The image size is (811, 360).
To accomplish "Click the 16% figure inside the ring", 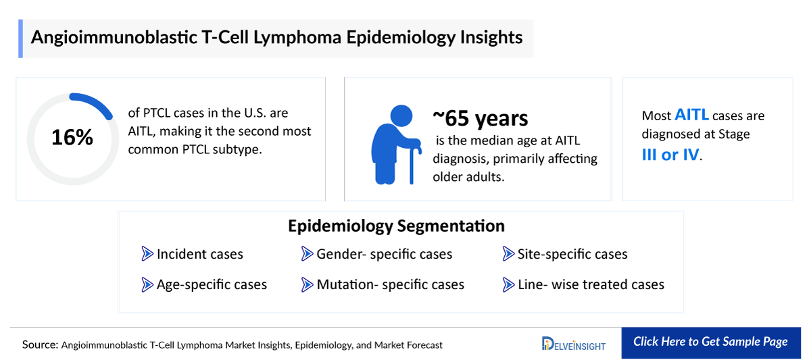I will (72, 138).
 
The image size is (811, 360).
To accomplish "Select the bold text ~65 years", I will (481, 118).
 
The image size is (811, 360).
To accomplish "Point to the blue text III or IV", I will (670, 154).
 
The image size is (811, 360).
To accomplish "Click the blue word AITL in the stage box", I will (691, 115).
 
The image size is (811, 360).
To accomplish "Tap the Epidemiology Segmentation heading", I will (396, 226).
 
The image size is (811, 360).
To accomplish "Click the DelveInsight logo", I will (574, 344).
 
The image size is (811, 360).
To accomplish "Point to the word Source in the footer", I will (39, 344).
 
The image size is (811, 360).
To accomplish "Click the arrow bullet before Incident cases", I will (147, 254).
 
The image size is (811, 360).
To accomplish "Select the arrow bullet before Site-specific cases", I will (508, 254).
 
